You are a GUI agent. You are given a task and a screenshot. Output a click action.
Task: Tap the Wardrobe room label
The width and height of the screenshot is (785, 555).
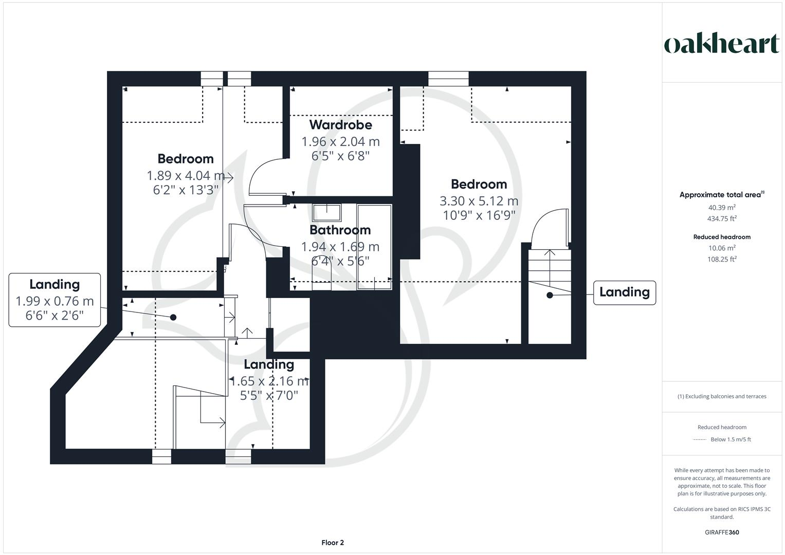pyautogui.click(x=340, y=125)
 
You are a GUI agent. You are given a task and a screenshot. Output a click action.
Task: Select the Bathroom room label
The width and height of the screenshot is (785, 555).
pyautogui.click(x=340, y=230)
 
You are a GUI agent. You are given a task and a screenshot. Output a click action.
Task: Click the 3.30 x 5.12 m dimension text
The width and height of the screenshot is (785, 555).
pyautogui.click(x=479, y=201)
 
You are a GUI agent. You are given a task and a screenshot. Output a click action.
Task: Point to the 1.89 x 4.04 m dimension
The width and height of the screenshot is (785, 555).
pyautogui.click(x=186, y=176)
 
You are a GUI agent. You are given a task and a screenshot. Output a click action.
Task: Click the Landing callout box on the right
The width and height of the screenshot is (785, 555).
pyautogui.click(x=624, y=292)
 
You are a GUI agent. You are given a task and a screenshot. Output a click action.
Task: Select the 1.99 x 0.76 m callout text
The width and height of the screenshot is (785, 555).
pyautogui.click(x=54, y=301)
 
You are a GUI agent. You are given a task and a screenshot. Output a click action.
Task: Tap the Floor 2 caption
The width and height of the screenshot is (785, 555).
pyautogui.click(x=333, y=543)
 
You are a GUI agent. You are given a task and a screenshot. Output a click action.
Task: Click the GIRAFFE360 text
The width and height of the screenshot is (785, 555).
pyautogui.click(x=722, y=532)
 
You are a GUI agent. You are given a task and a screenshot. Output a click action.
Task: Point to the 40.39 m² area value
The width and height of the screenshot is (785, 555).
pyautogui.click(x=722, y=208)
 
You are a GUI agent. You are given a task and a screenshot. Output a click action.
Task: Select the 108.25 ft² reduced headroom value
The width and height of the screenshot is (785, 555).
pyautogui.click(x=722, y=260)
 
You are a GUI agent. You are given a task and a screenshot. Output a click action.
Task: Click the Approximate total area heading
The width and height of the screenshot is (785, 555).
pyautogui.click(x=721, y=195)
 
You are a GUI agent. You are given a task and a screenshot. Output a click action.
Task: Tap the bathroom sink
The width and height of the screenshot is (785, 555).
pyautogui.click(x=327, y=212)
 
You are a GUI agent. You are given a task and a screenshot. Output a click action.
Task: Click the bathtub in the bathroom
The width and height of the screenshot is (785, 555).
pyautogui.click(x=374, y=247)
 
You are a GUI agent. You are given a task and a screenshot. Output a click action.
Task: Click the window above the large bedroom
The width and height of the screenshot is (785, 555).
pyautogui.click(x=448, y=79)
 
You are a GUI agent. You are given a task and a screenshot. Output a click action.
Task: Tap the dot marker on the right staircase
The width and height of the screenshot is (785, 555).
pyautogui.click(x=550, y=295)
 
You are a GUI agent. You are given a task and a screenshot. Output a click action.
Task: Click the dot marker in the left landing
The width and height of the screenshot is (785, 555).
pyautogui.click(x=173, y=318)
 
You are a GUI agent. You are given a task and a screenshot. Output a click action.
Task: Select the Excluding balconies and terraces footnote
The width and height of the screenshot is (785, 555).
pyautogui.click(x=722, y=396)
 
